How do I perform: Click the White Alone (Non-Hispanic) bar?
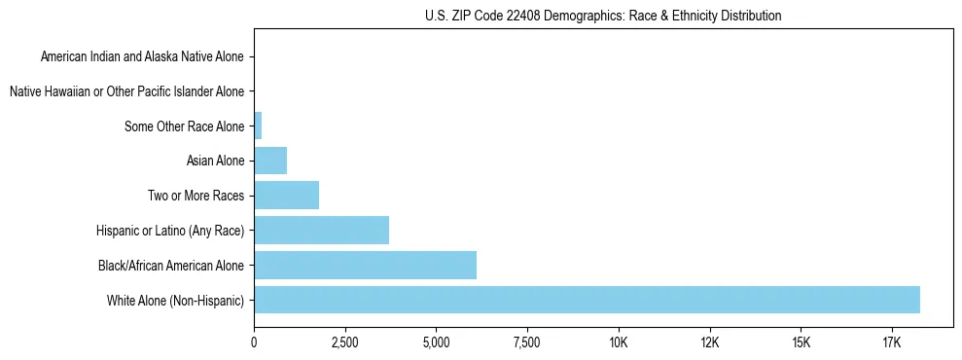tap(587, 300)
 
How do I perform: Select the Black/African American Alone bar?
tap(365, 265)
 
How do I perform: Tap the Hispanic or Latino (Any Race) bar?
tap(321, 231)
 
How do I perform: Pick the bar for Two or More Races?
tap(286, 196)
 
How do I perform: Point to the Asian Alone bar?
tap(270, 161)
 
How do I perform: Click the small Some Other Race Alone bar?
tap(258, 126)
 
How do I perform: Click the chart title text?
tap(603, 16)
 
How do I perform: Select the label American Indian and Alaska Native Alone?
tap(142, 56)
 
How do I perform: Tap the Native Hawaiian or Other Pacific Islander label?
tap(126, 91)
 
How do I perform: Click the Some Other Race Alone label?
tap(185, 126)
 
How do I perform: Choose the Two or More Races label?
tap(196, 196)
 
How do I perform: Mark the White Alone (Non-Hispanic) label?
tap(176, 300)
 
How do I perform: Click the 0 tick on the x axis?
tap(254, 343)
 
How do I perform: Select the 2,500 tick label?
tap(345, 343)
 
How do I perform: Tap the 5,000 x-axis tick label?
tap(436, 343)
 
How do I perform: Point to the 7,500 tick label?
tap(527, 343)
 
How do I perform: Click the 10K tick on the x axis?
tap(619, 343)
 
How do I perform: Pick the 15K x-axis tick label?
tap(801, 343)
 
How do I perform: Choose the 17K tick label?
tap(892, 343)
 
